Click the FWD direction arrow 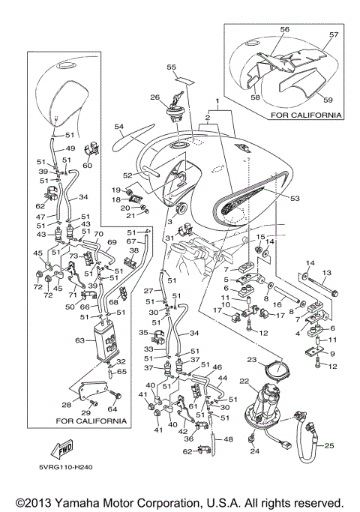61,448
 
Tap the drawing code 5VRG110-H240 66,467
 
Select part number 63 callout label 79,340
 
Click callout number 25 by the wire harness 329,445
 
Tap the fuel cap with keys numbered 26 176,109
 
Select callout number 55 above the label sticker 171,67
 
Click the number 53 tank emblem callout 295,198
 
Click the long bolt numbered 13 321,287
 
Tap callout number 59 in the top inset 328,100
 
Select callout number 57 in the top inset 334,34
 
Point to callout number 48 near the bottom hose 228,439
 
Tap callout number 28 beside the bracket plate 66,406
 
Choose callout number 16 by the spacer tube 277,304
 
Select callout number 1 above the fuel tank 217,100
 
